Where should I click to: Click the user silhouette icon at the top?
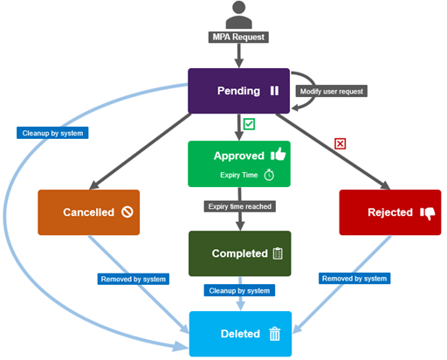(x=239, y=15)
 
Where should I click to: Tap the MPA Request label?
(x=238, y=38)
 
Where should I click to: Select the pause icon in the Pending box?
(x=274, y=91)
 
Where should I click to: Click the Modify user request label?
(x=332, y=91)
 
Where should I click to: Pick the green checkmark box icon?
(x=249, y=124)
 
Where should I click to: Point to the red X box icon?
(x=340, y=143)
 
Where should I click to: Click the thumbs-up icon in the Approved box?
(x=279, y=154)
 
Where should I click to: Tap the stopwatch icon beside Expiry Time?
(x=269, y=175)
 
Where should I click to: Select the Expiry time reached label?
(x=240, y=206)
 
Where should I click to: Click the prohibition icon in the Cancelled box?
(x=127, y=212)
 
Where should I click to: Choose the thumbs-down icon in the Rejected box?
(x=428, y=213)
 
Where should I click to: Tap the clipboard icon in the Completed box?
(x=278, y=253)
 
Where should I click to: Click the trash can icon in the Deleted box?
(x=275, y=334)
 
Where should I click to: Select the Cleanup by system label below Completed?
(x=239, y=290)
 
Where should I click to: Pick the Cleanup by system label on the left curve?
(x=52, y=133)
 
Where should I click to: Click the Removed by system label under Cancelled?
(x=134, y=279)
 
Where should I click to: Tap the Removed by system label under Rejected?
(x=354, y=279)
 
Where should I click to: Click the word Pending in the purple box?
(x=238, y=91)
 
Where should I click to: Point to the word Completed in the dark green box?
(x=240, y=253)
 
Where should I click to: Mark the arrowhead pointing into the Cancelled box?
(x=94, y=185)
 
